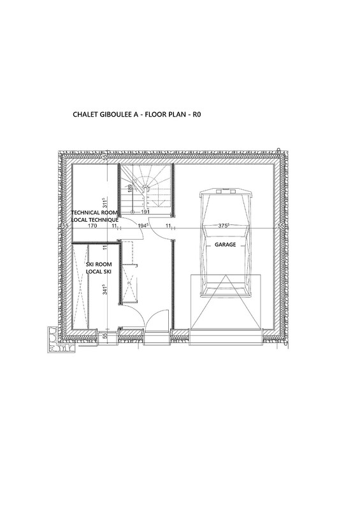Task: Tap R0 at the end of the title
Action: click(x=198, y=115)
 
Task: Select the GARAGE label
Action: click(x=225, y=245)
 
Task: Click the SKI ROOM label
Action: click(x=99, y=265)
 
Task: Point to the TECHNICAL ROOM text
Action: click(x=94, y=213)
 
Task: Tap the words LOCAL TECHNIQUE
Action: click(x=95, y=220)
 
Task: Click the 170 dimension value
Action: click(x=92, y=226)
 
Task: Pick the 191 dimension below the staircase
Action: click(x=145, y=212)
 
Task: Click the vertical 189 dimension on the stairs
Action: click(x=130, y=189)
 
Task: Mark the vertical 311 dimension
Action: click(x=104, y=203)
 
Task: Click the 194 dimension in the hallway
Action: click(x=143, y=226)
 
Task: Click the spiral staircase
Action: click(x=146, y=189)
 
